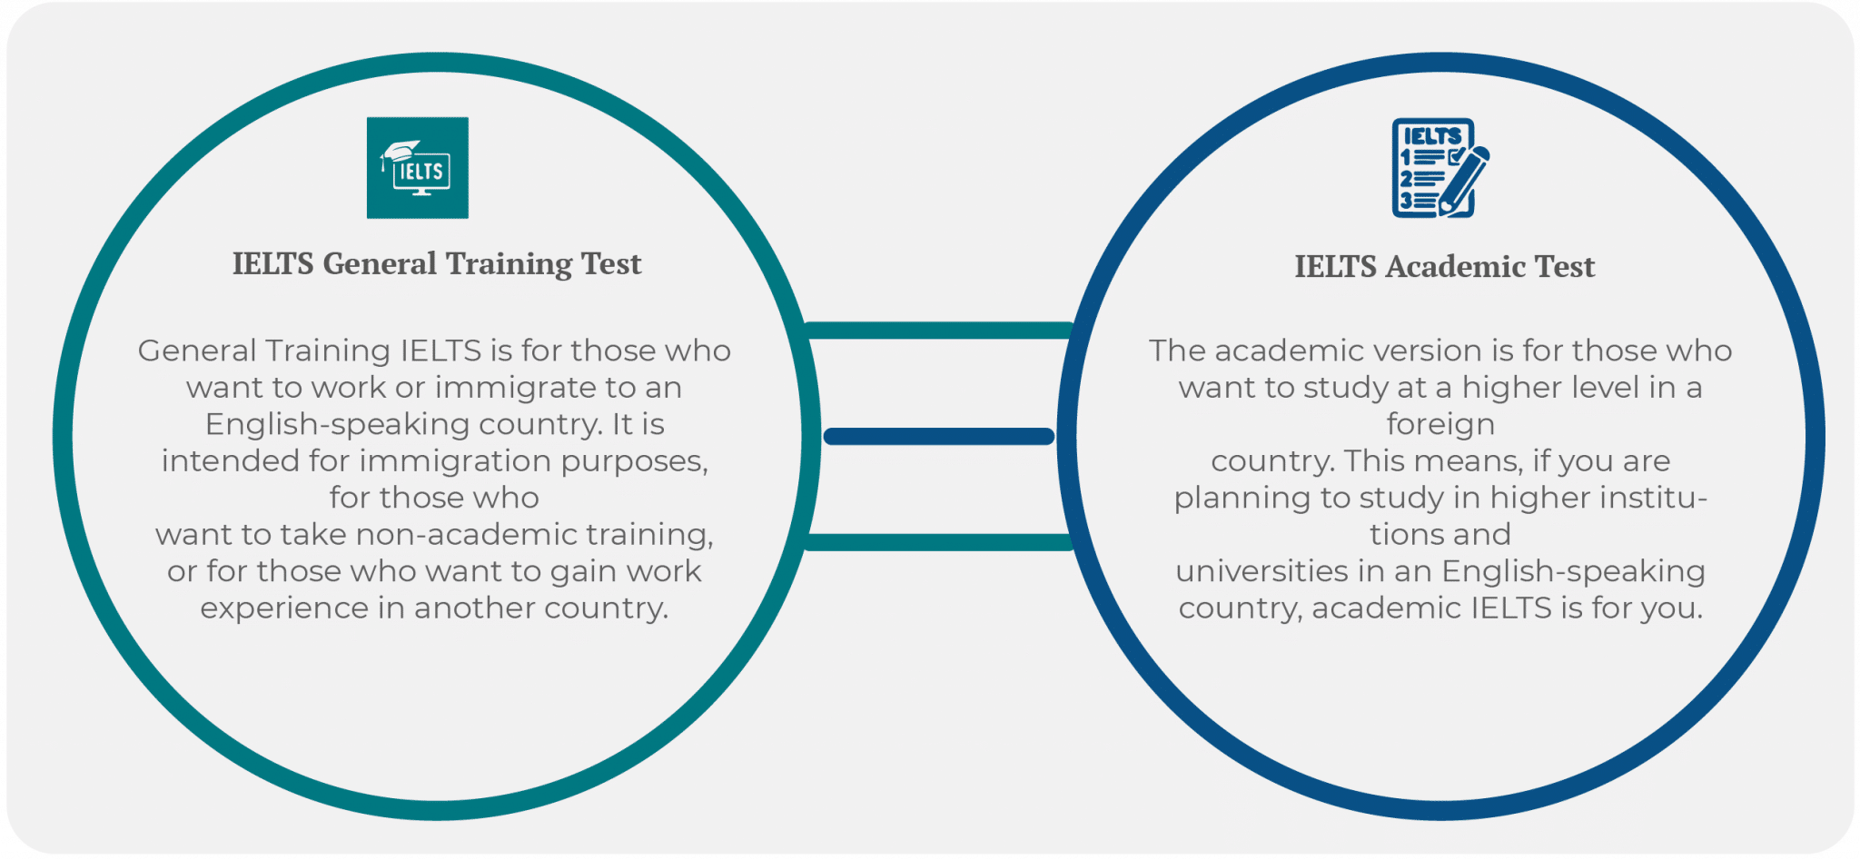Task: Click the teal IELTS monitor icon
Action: click(418, 168)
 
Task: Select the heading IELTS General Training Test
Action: click(437, 264)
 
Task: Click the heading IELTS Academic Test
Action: click(1444, 267)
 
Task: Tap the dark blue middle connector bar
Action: click(938, 437)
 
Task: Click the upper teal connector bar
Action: click(938, 331)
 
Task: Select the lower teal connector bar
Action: click(938, 543)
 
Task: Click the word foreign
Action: click(1440, 425)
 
